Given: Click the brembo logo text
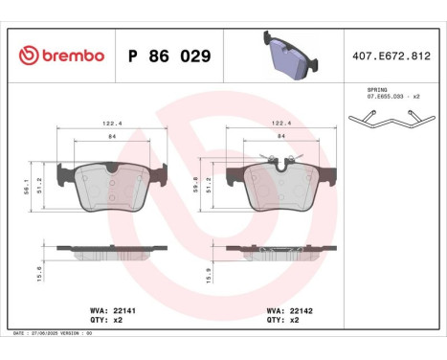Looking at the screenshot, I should pos(60,56).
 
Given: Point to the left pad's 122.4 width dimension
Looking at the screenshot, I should pos(111,122).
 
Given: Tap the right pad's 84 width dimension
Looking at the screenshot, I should pos(280,137).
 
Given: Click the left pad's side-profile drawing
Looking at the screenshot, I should pos(111,249).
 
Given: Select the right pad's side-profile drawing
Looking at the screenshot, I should pos(280,250).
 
